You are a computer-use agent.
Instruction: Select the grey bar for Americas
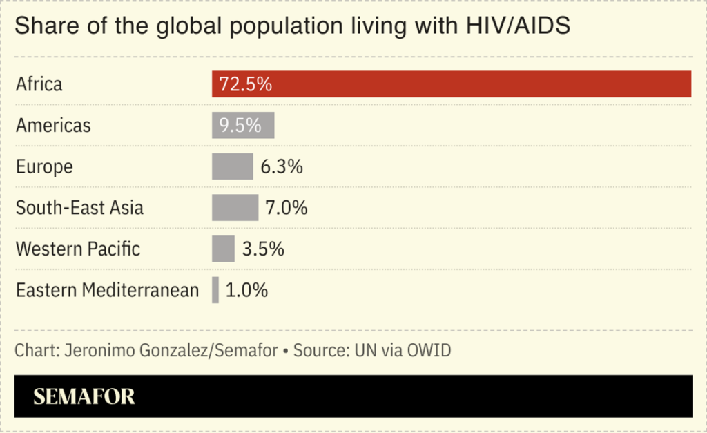(243, 126)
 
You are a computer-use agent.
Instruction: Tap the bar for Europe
(232, 166)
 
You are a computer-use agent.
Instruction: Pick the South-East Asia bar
(235, 207)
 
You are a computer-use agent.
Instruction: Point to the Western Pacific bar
(223, 249)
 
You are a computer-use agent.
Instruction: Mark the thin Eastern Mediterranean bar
(215, 290)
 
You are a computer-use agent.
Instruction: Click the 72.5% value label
(245, 84)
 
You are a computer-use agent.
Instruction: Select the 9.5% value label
(240, 126)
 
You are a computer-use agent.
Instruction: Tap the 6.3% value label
(282, 166)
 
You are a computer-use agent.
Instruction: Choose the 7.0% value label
(286, 207)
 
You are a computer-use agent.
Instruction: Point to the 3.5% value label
(263, 249)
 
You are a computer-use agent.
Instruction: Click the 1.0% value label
(246, 290)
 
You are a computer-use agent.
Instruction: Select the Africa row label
(39, 84)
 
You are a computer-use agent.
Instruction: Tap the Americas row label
(53, 126)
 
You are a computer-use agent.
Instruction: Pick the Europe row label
(44, 166)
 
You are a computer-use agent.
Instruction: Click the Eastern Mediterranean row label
(107, 290)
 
